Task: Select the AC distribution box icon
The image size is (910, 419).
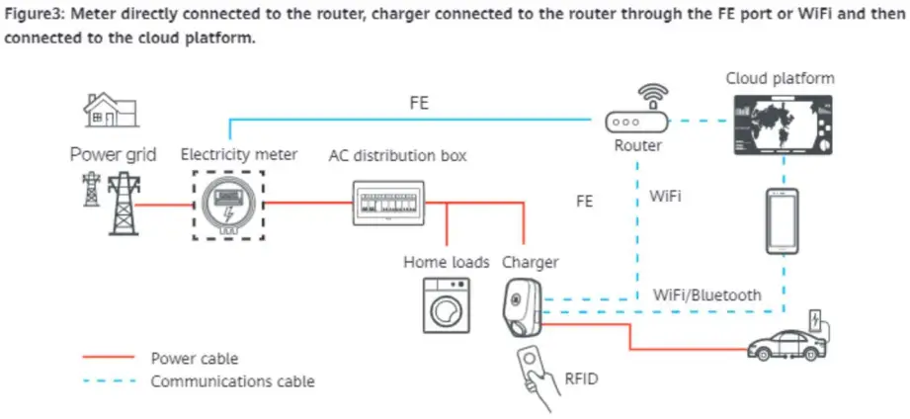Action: (x=388, y=202)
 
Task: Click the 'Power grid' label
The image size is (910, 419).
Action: (x=113, y=155)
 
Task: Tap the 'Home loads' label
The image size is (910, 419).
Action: (x=446, y=262)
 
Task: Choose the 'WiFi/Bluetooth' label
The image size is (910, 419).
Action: (x=707, y=294)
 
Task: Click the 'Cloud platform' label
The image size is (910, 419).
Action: (x=780, y=78)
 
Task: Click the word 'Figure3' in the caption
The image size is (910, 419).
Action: (x=34, y=13)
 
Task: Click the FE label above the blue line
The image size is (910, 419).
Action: (x=419, y=102)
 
